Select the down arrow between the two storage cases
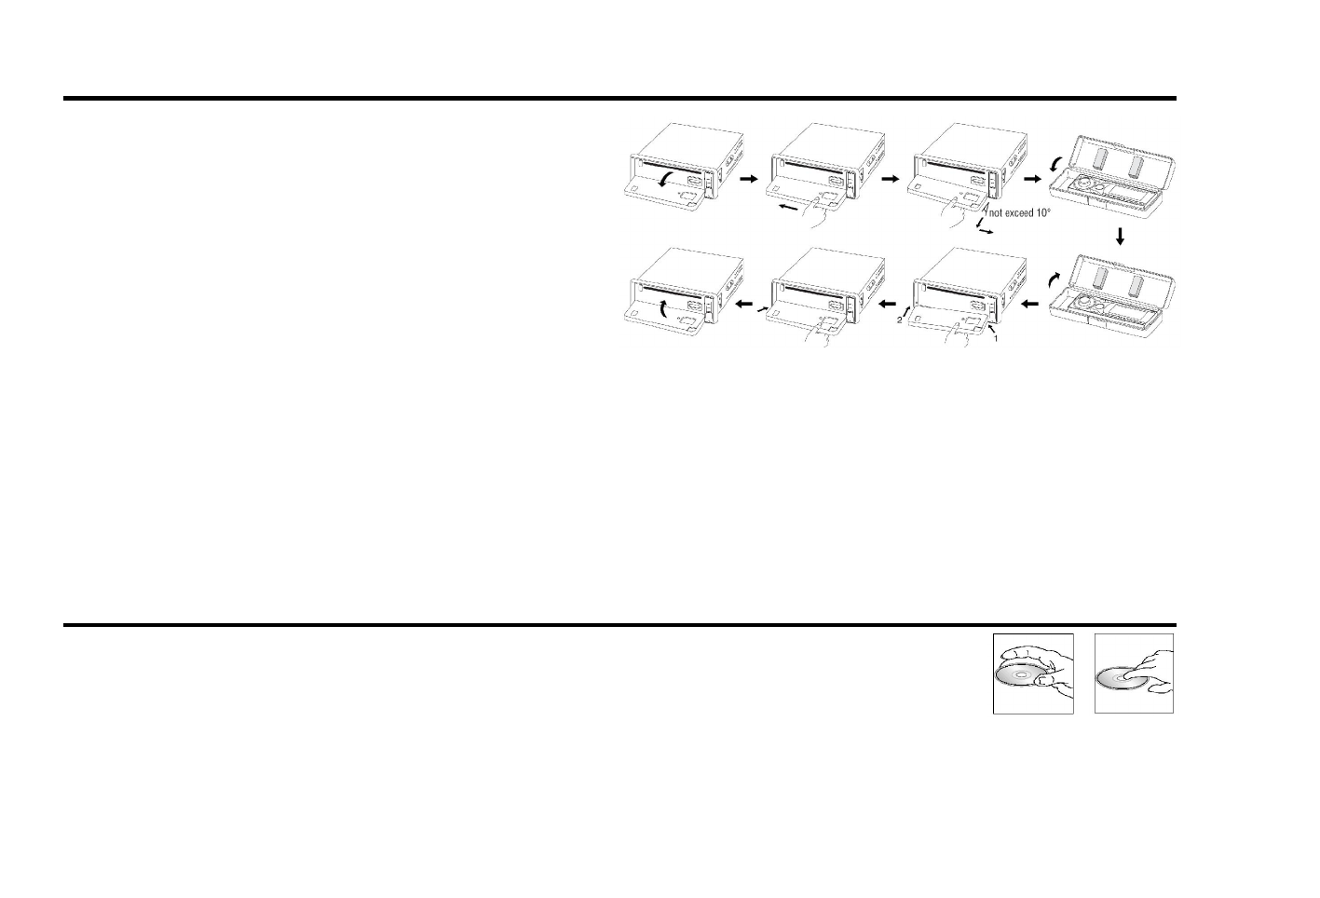pos(1121,238)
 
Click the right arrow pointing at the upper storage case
pos(1031,176)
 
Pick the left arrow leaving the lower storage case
pos(1030,304)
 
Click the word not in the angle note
pos(998,213)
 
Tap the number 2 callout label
pos(899,320)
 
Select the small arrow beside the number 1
pos(991,328)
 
